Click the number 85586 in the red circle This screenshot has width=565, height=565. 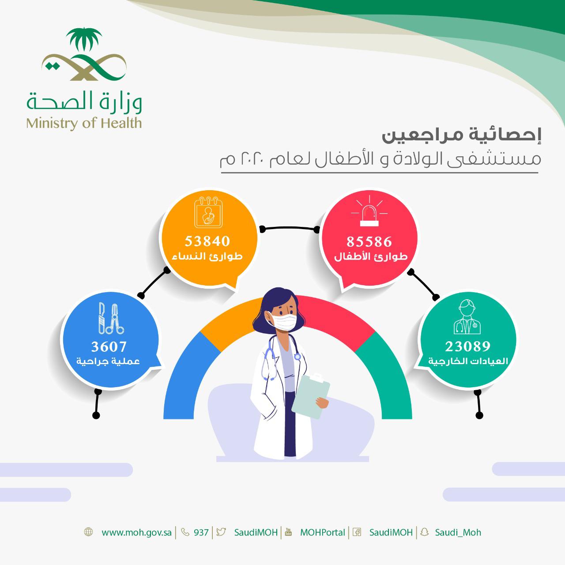tap(369, 241)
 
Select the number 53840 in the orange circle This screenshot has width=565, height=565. tap(207, 241)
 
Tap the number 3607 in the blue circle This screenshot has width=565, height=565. tap(109, 346)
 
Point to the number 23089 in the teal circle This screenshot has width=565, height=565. tap(468, 346)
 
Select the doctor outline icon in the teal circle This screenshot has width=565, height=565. tap(467, 317)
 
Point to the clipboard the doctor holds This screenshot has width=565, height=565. tap(311, 395)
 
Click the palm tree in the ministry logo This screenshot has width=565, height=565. tap(84, 42)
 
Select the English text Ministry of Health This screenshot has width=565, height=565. tap(84, 123)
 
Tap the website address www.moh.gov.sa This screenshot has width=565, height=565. tap(136, 532)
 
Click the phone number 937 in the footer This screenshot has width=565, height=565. tap(201, 532)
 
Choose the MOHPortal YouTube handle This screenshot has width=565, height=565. tap(322, 532)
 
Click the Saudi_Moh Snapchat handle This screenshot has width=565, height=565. tap(458, 532)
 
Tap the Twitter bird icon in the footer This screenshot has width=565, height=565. tap(221, 532)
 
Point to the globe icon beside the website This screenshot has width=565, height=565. tap(88, 532)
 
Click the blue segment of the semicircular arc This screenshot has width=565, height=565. tap(185, 375)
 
